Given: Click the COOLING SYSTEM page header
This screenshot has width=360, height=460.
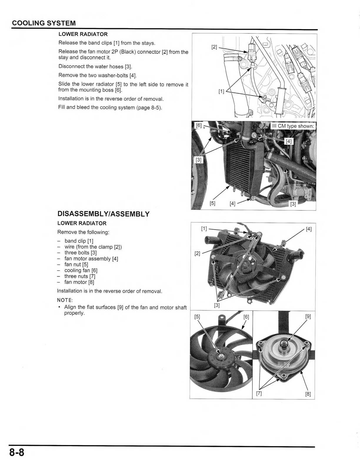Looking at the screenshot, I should coord(44,23).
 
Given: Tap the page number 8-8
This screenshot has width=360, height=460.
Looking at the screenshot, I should coord(16,452).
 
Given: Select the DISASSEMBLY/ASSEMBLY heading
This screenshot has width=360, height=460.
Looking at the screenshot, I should coord(104,214).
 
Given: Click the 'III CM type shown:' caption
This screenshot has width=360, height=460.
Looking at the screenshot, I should coord(293,126).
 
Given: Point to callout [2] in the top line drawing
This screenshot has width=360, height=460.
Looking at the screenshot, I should coord(214,47).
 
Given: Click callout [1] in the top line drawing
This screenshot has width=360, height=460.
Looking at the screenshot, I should coord(221,91).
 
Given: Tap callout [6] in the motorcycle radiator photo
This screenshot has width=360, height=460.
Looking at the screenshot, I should coord(199,126).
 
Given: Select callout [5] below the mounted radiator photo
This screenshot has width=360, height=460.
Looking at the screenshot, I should coord(213,203).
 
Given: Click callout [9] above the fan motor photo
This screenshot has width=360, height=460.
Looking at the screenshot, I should coord(308,317).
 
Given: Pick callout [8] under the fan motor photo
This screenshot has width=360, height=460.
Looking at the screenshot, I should coord(308,394).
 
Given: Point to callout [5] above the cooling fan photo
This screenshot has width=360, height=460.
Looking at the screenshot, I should coord(197,317).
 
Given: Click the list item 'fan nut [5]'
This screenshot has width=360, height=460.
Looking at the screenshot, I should coord(76,264).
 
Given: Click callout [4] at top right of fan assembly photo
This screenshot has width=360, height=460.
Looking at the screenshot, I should coord(309,229).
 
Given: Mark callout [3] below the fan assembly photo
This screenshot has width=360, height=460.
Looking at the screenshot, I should coord(217,305).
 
